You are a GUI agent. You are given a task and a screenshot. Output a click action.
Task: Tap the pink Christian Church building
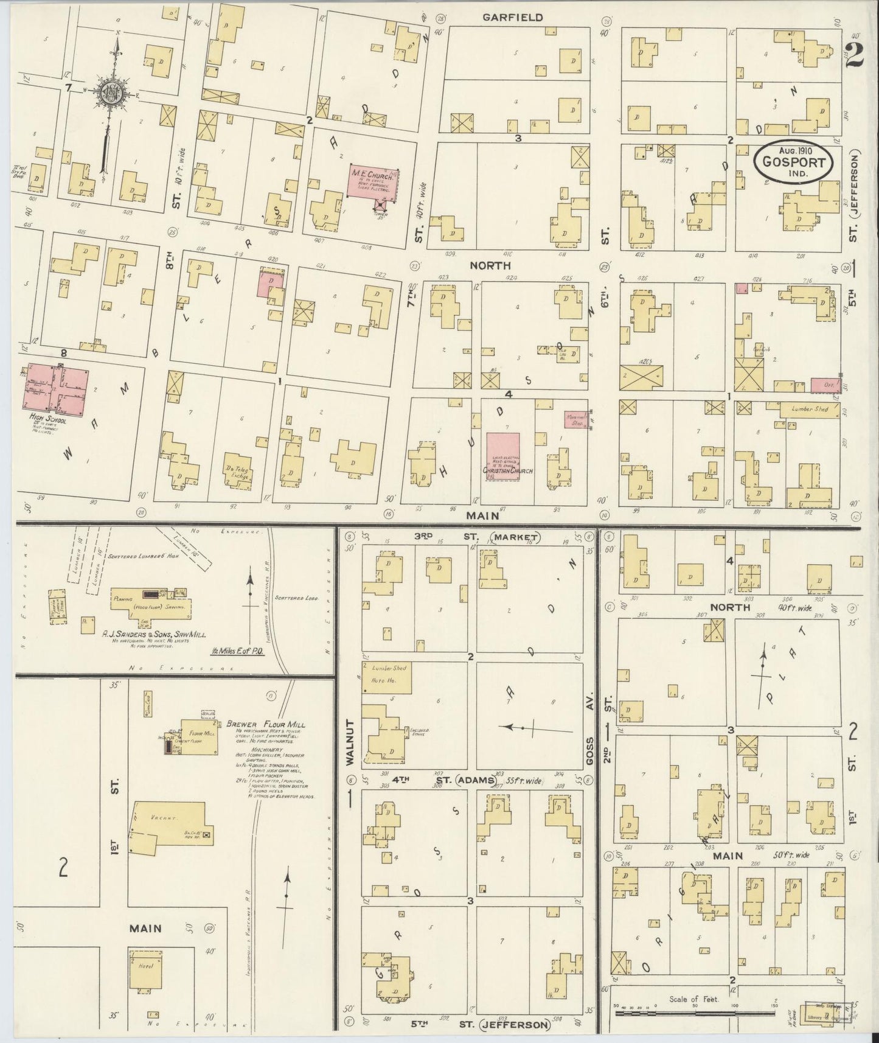503,456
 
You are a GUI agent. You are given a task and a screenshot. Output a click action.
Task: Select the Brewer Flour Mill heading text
266,724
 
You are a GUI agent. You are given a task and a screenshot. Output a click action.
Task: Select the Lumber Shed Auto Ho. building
387,677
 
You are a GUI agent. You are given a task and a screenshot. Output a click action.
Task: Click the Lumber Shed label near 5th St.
808,410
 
